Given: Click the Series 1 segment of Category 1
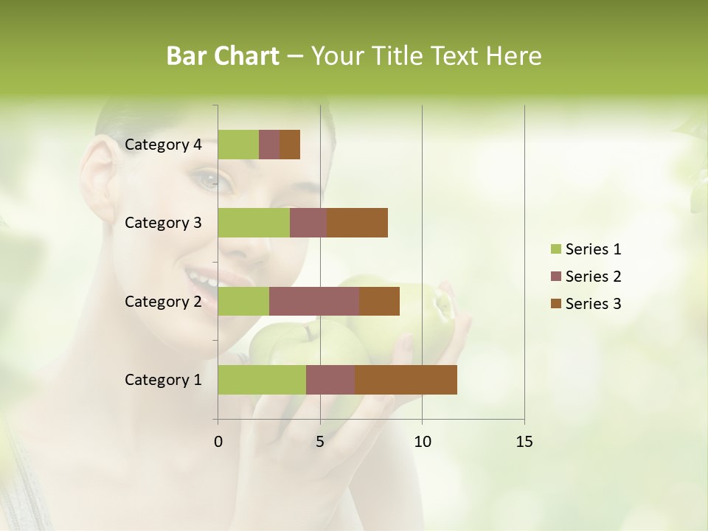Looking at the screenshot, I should [x=262, y=380].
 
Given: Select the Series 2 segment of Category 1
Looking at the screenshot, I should [x=330, y=380].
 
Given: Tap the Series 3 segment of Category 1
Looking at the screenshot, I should [x=406, y=380].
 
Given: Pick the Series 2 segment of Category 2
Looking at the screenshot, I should [x=314, y=301].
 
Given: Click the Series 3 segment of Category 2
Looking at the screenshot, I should [x=379, y=301].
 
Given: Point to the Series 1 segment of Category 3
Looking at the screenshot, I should [x=254, y=223].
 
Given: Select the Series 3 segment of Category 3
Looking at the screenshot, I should [x=357, y=223].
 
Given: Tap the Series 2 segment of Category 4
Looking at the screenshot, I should [x=269, y=145].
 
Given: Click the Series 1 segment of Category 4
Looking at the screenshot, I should [x=238, y=145].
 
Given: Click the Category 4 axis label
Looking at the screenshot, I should [x=163, y=145].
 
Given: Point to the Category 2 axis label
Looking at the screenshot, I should [x=163, y=301].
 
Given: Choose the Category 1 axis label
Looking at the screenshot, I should [x=163, y=380].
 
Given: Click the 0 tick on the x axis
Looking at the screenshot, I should [x=218, y=442].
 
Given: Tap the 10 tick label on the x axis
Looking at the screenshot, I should [x=422, y=442].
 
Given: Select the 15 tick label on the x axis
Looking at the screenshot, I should [x=524, y=442].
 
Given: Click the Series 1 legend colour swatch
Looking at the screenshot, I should [x=556, y=249].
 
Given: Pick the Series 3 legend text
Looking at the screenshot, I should [x=593, y=303].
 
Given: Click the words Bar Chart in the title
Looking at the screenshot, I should [x=223, y=56].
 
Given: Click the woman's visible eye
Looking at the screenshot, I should [x=210, y=178].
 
